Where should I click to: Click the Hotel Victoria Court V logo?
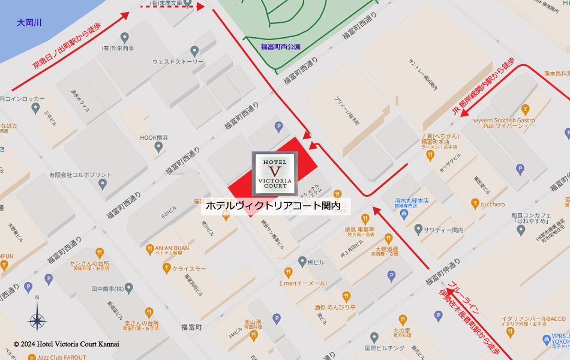click(x=275, y=173)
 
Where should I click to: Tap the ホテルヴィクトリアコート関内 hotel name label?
click(x=274, y=206)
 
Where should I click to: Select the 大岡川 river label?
click(x=29, y=23)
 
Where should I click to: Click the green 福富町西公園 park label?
click(x=280, y=46)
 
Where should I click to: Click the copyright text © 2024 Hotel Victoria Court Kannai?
click(x=66, y=344)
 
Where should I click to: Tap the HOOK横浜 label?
click(x=154, y=137)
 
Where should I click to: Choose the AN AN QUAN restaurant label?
click(x=172, y=248)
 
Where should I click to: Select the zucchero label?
click(x=492, y=204)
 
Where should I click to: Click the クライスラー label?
click(x=189, y=268)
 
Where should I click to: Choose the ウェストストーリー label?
click(x=178, y=61)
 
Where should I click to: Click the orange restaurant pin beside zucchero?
click(x=475, y=204)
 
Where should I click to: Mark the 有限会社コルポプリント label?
click(x=71, y=175)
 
